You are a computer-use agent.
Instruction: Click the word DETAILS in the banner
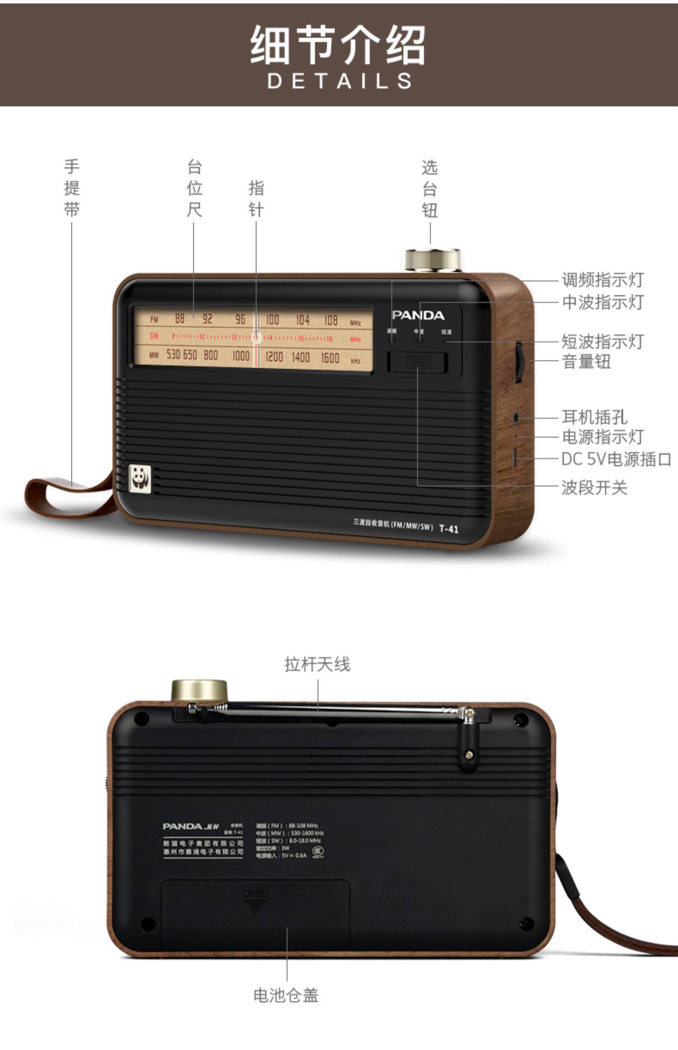339,81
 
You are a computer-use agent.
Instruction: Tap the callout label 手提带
72,188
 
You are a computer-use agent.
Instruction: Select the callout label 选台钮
430,189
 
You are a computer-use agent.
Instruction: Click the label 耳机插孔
594,417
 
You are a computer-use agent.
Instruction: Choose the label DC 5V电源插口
616,459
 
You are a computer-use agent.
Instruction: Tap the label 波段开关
594,488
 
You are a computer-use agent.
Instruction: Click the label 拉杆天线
317,664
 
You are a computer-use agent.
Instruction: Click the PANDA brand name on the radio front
418,315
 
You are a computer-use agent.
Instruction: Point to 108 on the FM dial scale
331,321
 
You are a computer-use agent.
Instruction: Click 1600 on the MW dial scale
330,358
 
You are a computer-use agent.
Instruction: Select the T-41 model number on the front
449,528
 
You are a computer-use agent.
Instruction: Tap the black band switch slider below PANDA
417,362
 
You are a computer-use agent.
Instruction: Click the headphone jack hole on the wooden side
517,417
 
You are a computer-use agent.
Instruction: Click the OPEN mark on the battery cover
255,894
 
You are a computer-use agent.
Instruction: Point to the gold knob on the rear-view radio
199,691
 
